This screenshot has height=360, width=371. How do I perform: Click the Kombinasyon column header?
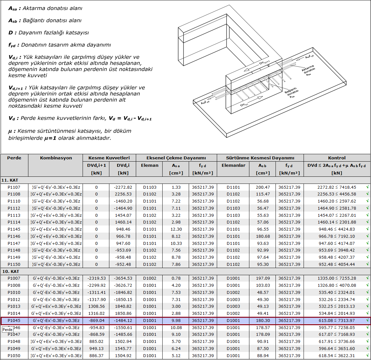[56, 158]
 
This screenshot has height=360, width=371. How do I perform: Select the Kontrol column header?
[336, 158]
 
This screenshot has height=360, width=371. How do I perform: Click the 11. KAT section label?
[11, 180]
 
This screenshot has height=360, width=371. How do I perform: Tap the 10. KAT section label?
[11, 271]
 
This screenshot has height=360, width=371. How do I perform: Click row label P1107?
[14, 187]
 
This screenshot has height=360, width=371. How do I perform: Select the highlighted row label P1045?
[14, 321]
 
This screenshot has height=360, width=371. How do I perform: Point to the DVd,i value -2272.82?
[123, 187]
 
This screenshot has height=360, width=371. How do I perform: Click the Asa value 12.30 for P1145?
[176, 229]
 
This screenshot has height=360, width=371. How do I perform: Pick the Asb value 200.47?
[263, 187]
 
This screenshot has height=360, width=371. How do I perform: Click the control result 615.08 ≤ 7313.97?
[336, 321]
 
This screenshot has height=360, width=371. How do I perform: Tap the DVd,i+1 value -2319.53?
[96, 278]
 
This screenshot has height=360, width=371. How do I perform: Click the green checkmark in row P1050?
[367, 355]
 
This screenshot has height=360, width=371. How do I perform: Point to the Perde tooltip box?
[7, 329]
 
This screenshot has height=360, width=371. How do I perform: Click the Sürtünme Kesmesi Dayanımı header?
[260, 158]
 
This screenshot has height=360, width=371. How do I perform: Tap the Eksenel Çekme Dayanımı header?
[176, 158]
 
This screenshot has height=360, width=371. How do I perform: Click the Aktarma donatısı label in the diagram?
[308, 70]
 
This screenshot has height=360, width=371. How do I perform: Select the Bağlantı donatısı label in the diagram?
[291, 93]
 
